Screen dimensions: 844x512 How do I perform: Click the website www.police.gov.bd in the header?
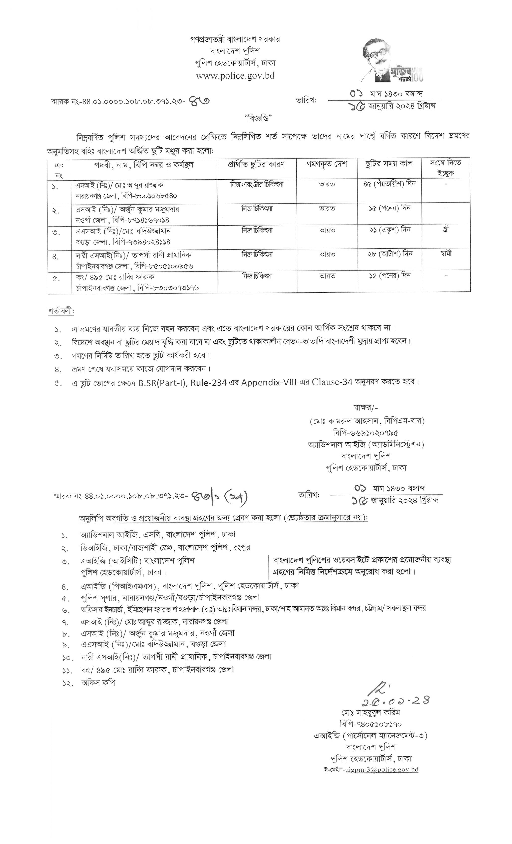point(235,76)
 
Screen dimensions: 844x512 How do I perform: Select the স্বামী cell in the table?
point(446,253)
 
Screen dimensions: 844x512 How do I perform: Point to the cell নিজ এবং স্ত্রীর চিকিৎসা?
point(257,184)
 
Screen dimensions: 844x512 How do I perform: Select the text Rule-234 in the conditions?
point(209,383)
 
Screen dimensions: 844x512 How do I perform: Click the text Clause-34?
point(332,382)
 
